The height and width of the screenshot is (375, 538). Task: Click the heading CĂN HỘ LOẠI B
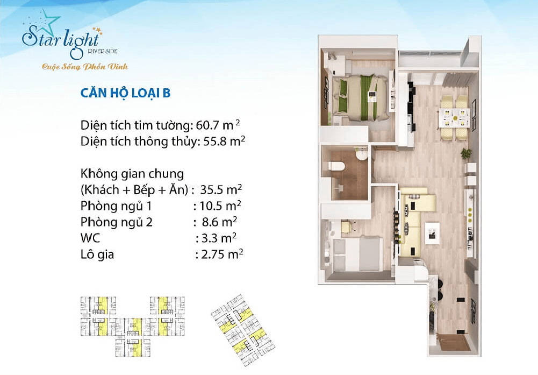[x=125, y=93]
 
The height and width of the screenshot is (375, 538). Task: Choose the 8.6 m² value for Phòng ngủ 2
[x=215, y=222]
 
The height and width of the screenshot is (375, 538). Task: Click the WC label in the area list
[x=90, y=238]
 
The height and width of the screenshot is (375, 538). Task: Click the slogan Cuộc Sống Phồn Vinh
[x=85, y=67]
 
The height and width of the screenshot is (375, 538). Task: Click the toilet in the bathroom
[x=339, y=166]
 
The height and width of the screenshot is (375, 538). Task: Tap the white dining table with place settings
[x=454, y=115]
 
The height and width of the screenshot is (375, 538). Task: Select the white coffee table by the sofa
[x=432, y=232]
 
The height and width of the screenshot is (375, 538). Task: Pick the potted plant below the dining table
[x=466, y=153]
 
